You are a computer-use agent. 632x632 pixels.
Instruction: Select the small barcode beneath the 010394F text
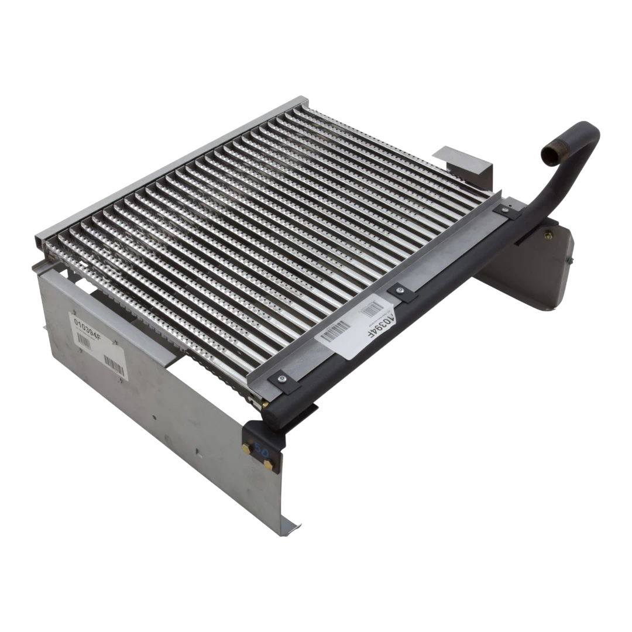(84, 344)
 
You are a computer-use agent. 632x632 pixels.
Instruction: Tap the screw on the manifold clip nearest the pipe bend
(503, 209)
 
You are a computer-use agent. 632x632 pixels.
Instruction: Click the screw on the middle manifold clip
(400, 290)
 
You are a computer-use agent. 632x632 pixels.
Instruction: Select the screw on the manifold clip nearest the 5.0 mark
(281, 380)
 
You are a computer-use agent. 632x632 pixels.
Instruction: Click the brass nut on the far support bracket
(548, 236)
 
